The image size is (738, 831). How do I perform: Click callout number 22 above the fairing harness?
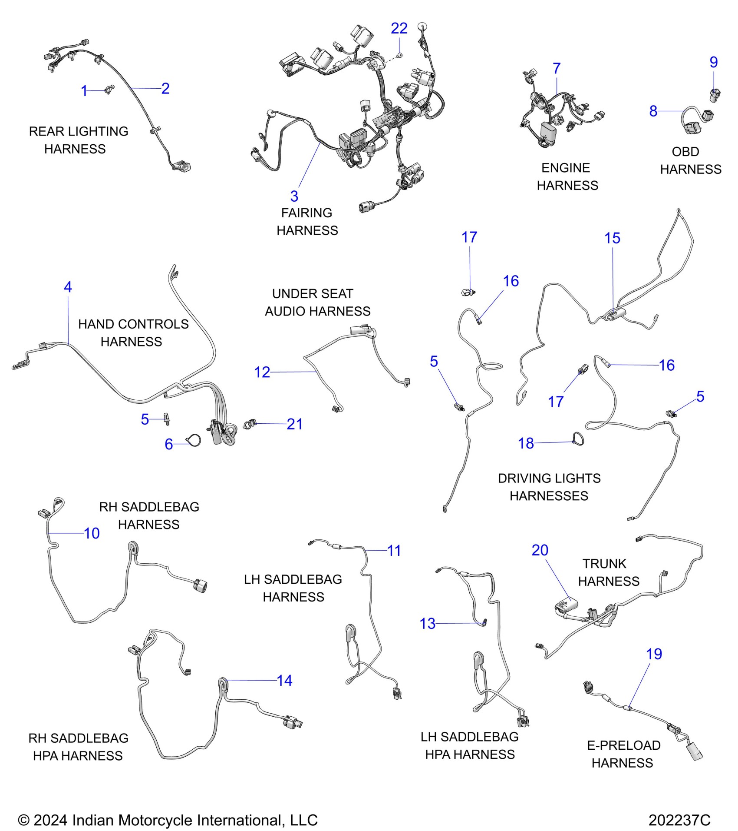pyautogui.click(x=399, y=29)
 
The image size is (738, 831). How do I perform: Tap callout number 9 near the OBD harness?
pyautogui.click(x=714, y=62)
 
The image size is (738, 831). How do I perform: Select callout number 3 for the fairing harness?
pyautogui.click(x=294, y=196)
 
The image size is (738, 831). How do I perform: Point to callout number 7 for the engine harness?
pyautogui.click(x=557, y=68)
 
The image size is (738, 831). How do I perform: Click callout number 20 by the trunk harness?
pyautogui.click(x=540, y=550)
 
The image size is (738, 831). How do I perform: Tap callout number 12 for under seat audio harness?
pyautogui.click(x=262, y=372)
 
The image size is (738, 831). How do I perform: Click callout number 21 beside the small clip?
pyautogui.click(x=295, y=424)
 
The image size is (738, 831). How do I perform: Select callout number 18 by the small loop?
pyautogui.click(x=526, y=443)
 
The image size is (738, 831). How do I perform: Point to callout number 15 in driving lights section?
pyautogui.click(x=612, y=238)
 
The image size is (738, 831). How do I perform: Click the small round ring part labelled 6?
pyautogui.click(x=194, y=441)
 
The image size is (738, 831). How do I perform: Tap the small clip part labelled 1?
pyautogui.click(x=109, y=90)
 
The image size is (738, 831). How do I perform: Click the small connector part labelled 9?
pyautogui.click(x=715, y=95)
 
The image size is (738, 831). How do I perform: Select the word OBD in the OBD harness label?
pyautogui.click(x=685, y=152)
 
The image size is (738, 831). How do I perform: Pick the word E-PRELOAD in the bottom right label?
pyautogui.click(x=624, y=745)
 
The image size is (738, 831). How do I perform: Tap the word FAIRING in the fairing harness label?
pyautogui.click(x=306, y=213)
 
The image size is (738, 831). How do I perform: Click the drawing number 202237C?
pyautogui.click(x=679, y=820)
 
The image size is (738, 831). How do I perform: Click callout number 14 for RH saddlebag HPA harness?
pyautogui.click(x=285, y=681)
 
